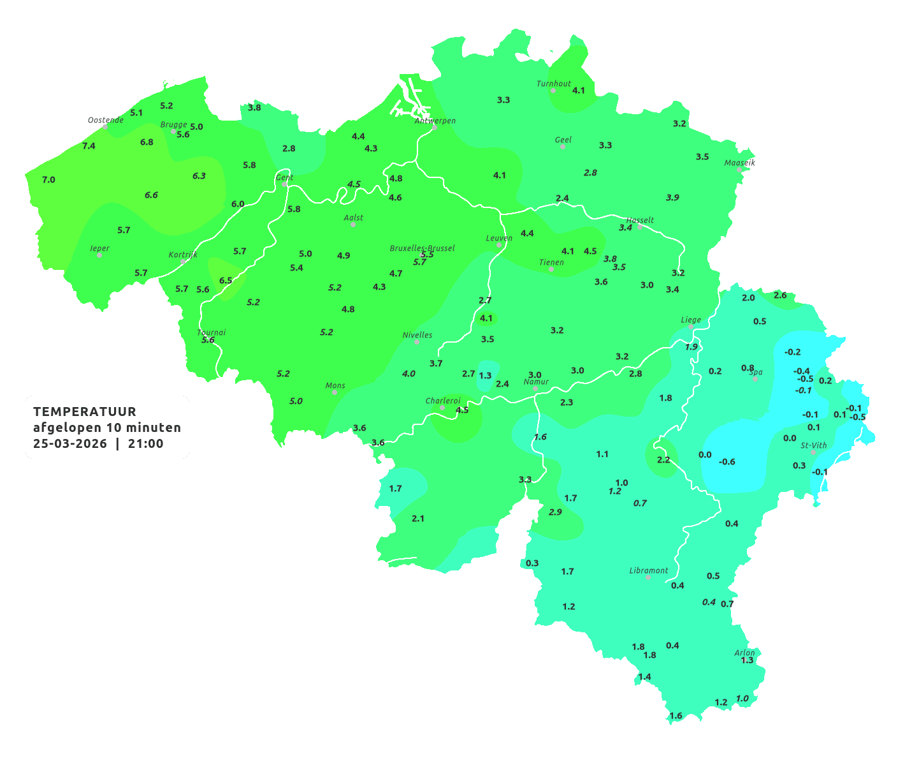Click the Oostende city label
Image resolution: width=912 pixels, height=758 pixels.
click(106, 120)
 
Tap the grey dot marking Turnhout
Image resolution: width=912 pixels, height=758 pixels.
click(553, 91)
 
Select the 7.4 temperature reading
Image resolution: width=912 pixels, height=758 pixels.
click(89, 146)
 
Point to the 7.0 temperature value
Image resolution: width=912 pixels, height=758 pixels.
click(48, 180)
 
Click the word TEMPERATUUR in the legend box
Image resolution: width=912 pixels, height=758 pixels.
click(85, 412)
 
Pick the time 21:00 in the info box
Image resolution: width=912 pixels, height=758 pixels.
click(146, 444)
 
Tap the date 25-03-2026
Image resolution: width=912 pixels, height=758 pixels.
click(70, 444)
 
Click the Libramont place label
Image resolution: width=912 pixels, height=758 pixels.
click(649, 570)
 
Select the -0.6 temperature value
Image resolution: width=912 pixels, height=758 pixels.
click(727, 462)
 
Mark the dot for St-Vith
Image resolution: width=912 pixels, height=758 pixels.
click(813, 452)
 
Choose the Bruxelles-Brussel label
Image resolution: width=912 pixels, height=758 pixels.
click(422, 248)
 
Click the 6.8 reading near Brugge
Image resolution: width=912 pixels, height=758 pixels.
click(147, 142)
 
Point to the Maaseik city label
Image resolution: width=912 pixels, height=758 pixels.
click(739, 163)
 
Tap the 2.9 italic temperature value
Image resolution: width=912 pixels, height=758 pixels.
click(555, 512)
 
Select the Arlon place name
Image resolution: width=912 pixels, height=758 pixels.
click(744, 653)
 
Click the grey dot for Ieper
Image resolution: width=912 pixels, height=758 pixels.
click(99, 255)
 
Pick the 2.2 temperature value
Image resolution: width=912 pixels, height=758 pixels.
click(663, 460)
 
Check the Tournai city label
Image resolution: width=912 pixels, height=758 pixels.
click(212, 332)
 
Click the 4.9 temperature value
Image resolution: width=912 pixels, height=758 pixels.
click(344, 256)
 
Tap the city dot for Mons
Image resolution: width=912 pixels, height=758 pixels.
click(335, 392)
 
